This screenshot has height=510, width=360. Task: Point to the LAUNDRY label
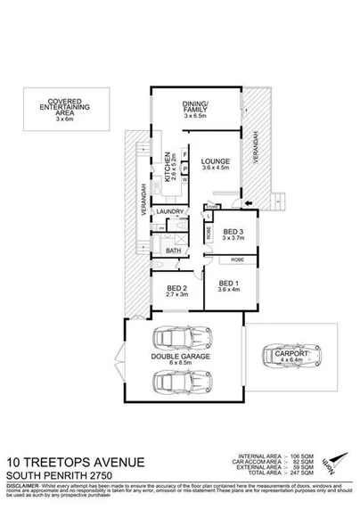pyautogui.click(x=170, y=211)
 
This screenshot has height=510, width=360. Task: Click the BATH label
pyautogui.click(x=173, y=251)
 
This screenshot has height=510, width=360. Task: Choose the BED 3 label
pyautogui.click(x=233, y=231)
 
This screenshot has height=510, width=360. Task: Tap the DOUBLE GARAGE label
pyautogui.click(x=180, y=357)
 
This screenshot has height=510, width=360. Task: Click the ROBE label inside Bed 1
pyautogui.click(x=237, y=259)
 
